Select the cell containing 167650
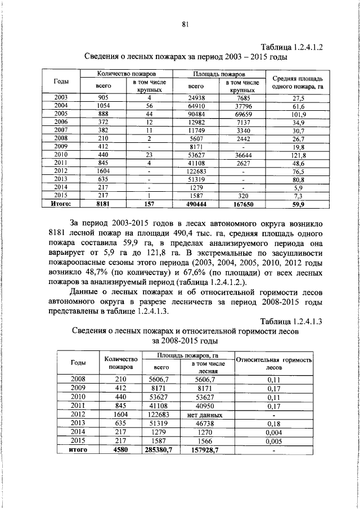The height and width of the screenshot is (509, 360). tap(243, 205)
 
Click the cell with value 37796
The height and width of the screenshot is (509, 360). tap(243, 106)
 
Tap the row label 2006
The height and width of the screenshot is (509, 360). tap(61, 122)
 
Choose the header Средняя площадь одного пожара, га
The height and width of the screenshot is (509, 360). tap(297, 83)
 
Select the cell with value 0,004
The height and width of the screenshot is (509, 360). tap(274, 433)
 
